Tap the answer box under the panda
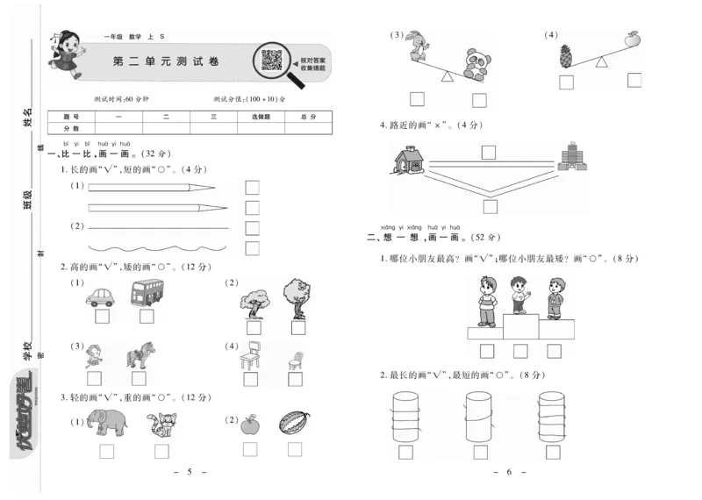[479, 99]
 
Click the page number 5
[190, 472]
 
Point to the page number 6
[508, 472]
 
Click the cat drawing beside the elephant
[161, 424]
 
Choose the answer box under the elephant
[108, 451]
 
